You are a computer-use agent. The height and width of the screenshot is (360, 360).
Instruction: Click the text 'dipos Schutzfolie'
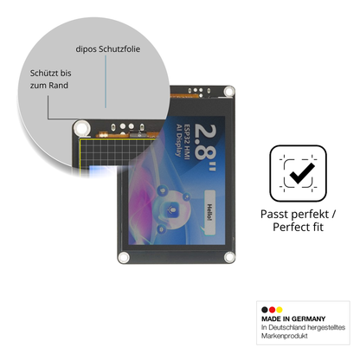click(108, 49)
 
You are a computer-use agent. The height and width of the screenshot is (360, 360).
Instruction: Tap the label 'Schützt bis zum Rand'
click(50, 79)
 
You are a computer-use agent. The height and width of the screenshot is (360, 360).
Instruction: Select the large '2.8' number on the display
click(206, 143)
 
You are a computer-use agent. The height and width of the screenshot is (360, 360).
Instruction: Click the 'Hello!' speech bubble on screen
click(209, 212)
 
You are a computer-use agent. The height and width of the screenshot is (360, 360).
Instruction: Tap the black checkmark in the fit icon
click(302, 173)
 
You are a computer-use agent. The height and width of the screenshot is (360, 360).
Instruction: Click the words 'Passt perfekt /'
click(298, 215)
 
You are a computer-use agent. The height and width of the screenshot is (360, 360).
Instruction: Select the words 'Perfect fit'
click(298, 227)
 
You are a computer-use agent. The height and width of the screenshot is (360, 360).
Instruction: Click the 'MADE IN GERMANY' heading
click(293, 318)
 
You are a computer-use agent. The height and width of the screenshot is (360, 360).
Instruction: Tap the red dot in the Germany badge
click(272, 310)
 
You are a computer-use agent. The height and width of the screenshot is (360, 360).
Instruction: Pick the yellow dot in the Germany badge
click(280, 310)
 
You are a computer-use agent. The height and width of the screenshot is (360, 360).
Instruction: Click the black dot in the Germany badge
click(265, 310)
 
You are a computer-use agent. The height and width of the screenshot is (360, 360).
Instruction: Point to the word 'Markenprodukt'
click(285, 336)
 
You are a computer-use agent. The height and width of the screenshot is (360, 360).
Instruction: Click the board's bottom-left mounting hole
click(124, 257)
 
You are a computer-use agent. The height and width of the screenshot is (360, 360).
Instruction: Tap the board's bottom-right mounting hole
click(229, 256)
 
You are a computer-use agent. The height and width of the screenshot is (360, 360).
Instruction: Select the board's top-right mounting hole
click(229, 92)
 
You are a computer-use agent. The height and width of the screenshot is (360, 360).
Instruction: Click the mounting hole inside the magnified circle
click(81, 128)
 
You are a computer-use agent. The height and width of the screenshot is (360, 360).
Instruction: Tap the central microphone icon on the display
click(172, 209)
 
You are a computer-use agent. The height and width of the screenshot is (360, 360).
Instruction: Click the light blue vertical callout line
click(106, 81)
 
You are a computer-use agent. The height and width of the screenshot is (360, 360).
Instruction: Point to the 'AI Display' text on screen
click(179, 140)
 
